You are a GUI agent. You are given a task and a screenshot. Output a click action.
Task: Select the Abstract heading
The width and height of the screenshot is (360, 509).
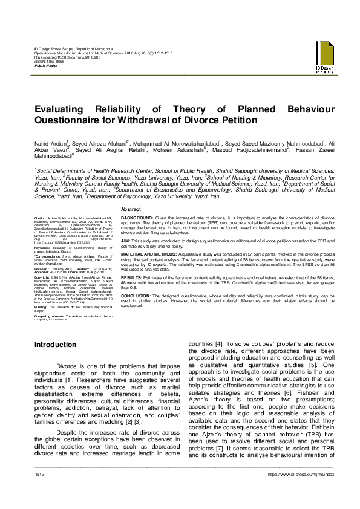click(x=131, y=209)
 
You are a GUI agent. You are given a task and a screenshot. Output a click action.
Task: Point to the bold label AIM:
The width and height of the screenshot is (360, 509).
click(x=127, y=240)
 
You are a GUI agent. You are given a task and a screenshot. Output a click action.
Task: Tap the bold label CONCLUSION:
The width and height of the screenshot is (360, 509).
click(x=137, y=294)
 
